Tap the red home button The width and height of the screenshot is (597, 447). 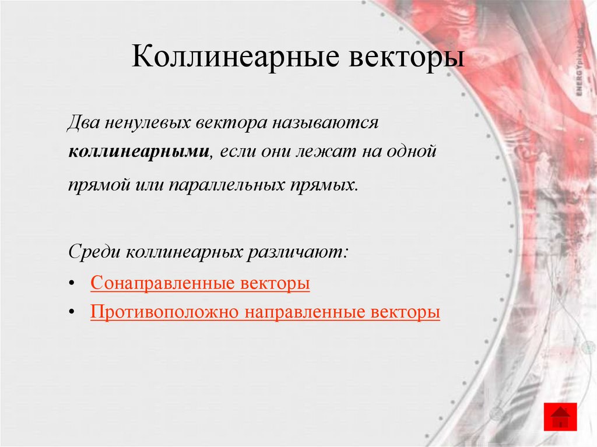(560, 417)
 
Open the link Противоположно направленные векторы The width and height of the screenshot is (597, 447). (265, 312)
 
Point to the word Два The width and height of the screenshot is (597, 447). (82, 124)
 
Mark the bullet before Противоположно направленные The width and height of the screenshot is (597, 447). (71, 312)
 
